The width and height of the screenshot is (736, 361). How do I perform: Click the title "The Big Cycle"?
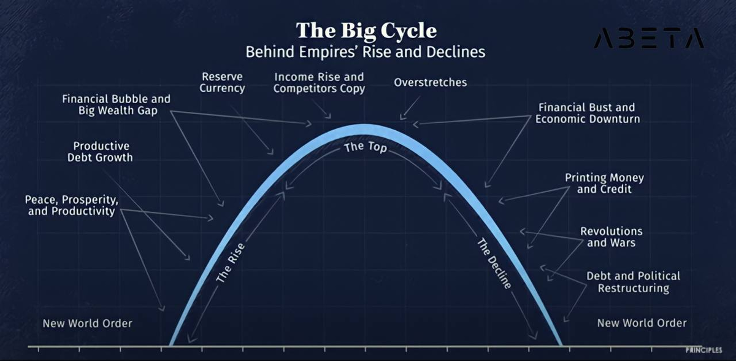click(x=366, y=31)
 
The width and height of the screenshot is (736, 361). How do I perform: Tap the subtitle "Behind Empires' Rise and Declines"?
click(x=366, y=52)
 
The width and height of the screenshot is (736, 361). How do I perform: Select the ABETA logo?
click(x=649, y=38)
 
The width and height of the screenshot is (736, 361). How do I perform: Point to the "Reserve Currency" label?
click(x=222, y=82)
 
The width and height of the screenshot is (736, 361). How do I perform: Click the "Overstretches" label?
click(x=431, y=82)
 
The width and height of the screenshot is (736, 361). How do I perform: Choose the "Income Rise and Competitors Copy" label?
click(x=319, y=82)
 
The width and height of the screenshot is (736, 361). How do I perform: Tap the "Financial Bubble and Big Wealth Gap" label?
click(x=117, y=104)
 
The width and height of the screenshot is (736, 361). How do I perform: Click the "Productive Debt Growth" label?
click(x=100, y=152)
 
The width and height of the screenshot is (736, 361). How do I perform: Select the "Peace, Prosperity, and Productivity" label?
click(x=72, y=206)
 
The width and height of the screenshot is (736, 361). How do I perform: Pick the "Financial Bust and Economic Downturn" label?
click(x=588, y=113)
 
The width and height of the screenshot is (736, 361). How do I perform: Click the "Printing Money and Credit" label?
click(x=604, y=183)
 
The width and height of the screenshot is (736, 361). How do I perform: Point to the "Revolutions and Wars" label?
click(x=611, y=237)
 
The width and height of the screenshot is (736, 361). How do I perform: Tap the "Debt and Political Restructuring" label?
click(x=633, y=282)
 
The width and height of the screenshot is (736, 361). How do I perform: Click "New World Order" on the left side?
click(x=87, y=323)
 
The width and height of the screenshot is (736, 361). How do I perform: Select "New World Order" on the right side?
click(x=642, y=323)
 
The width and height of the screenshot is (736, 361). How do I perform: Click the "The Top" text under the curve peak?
click(x=366, y=147)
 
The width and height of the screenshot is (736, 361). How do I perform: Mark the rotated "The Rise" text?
click(x=231, y=262)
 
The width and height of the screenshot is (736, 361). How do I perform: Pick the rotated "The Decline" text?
click(x=494, y=263)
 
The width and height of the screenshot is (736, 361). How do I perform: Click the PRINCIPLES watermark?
click(x=704, y=350)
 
